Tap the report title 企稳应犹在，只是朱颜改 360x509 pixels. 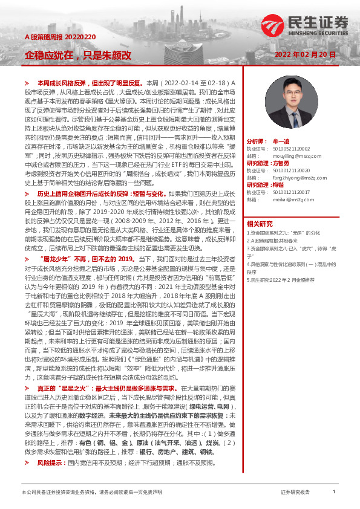[x=77, y=55]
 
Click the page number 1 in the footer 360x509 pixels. [x=335, y=492]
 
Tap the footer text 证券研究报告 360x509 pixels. [x=295, y=492]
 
